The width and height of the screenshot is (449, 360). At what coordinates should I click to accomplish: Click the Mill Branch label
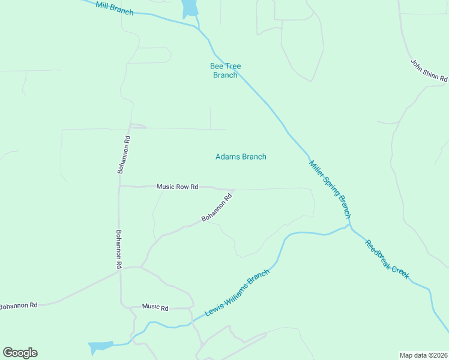tap(114, 9)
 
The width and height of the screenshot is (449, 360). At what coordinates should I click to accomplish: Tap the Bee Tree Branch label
tap(225, 70)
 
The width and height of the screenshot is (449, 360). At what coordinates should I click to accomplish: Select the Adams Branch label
tap(241, 157)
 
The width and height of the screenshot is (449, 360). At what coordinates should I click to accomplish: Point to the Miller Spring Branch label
tap(330, 188)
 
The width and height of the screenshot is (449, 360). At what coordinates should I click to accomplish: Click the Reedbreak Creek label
tap(387, 259)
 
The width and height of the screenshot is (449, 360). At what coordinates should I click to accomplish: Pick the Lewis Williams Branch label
tap(237, 293)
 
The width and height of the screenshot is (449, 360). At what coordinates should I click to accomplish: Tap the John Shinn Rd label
tap(429, 70)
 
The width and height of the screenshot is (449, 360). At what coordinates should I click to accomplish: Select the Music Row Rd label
tap(177, 187)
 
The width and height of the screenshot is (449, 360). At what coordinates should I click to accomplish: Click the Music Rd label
tap(155, 307)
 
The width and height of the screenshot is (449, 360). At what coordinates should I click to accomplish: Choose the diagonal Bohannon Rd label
tap(217, 208)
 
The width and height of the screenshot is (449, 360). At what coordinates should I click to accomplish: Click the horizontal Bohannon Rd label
tap(18, 306)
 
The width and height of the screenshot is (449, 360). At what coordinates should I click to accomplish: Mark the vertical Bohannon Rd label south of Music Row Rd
tap(119, 249)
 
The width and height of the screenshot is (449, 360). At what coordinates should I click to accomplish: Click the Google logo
tap(20, 353)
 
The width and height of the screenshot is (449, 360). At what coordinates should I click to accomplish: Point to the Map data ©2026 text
tap(423, 355)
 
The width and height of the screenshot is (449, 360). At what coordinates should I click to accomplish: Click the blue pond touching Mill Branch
tap(190, 8)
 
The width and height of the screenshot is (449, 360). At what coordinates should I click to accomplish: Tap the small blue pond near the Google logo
tap(100, 347)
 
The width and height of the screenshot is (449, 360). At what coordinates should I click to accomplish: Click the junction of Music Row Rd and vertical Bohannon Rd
tap(119, 186)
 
